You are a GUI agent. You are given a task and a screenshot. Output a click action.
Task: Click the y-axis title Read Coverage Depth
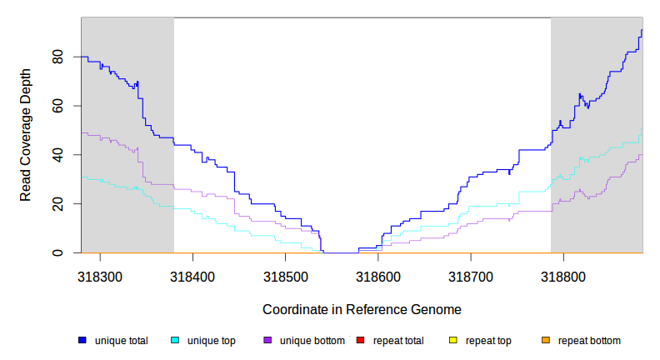tap(26, 136)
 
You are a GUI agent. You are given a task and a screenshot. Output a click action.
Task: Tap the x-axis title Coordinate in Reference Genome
tap(362, 309)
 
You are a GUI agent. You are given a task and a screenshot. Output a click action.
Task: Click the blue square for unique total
tap(82, 341)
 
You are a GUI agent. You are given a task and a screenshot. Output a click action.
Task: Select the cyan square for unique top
tap(175, 341)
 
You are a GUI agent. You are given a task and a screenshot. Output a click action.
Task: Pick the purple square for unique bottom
tap(267, 341)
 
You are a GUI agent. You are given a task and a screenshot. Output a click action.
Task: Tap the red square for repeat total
tap(360, 341)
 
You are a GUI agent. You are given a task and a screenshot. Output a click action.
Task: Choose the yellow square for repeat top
tap(452, 341)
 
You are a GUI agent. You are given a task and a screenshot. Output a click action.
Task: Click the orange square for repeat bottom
tap(546, 341)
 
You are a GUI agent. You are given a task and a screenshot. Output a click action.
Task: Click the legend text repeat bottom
tap(589, 341)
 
